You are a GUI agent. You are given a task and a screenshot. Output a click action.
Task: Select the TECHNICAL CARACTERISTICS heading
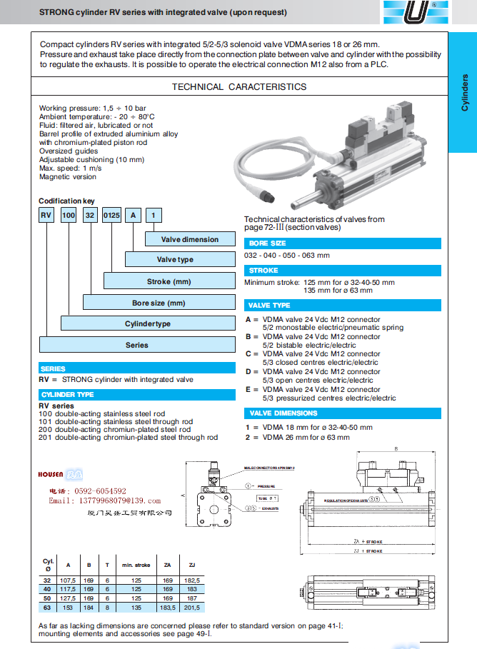[239, 87]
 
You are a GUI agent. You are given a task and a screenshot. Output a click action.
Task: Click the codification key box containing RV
[46, 214]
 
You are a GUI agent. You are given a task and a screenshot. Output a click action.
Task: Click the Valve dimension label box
[189, 240]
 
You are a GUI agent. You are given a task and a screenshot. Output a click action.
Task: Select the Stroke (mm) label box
[169, 281]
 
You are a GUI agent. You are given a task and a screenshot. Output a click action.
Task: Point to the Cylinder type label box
[148, 323]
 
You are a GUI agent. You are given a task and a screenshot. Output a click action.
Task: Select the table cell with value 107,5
[68, 580]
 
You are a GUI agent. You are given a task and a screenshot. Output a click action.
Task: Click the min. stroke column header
[135, 565]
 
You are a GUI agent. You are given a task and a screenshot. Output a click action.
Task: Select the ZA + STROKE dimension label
[369, 542]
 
